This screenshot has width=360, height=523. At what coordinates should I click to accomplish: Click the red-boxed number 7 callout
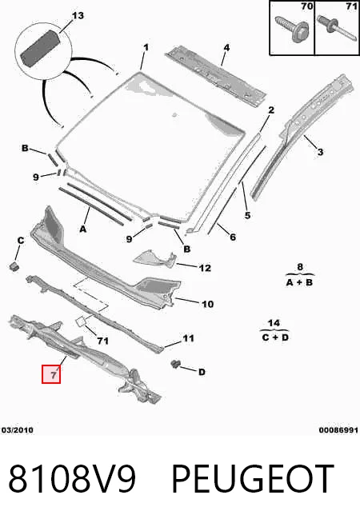(x=51, y=374)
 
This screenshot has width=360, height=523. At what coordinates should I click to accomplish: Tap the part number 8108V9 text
(x=72, y=479)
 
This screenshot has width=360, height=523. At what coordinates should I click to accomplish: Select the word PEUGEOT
(x=253, y=479)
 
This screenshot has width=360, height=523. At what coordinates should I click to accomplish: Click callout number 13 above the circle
(x=78, y=16)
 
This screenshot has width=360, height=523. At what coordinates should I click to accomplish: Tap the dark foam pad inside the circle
(x=40, y=48)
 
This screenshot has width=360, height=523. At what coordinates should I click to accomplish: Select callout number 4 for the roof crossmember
(x=226, y=47)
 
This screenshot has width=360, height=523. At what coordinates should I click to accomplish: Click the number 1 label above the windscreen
(x=146, y=47)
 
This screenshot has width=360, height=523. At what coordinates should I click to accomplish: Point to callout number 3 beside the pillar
(x=320, y=152)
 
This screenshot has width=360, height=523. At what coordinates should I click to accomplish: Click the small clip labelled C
(x=14, y=266)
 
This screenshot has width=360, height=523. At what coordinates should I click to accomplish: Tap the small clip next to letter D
(x=175, y=364)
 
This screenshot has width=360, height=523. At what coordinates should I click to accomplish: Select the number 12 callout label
(x=205, y=268)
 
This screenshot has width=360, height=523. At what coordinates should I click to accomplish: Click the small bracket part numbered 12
(x=154, y=260)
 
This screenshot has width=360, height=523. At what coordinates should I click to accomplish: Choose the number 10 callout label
(x=207, y=304)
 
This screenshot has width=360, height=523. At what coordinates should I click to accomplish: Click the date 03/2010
(x=18, y=430)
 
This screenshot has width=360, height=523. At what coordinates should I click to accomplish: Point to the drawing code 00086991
(x=338, y=430)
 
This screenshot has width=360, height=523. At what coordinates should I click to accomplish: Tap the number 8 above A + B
(x=300, y=267)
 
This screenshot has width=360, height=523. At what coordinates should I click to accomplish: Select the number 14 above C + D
(x=274, y=322)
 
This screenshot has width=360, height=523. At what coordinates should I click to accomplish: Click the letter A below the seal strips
(x=82, y=230)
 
